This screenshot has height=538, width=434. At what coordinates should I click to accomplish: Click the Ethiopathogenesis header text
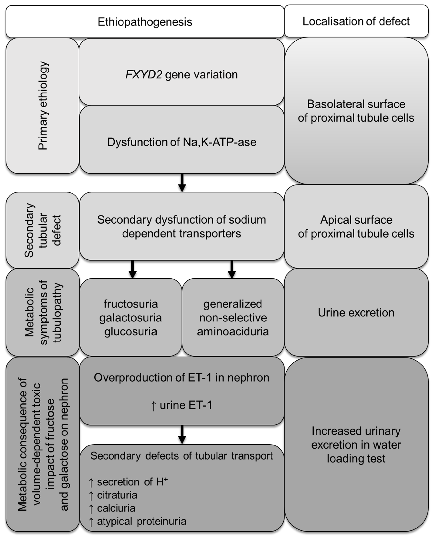145,22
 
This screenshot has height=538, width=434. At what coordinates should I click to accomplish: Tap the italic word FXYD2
143,75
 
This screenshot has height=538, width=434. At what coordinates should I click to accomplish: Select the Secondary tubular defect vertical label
43,230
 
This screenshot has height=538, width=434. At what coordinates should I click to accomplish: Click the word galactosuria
130,318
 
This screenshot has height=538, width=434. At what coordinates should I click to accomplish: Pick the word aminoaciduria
233,331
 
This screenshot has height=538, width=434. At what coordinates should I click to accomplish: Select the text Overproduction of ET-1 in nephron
182,378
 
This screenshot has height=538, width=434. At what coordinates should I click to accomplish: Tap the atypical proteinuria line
142,521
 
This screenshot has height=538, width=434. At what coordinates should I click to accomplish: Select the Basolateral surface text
356,104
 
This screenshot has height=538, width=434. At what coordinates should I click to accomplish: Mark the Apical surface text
356,220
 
